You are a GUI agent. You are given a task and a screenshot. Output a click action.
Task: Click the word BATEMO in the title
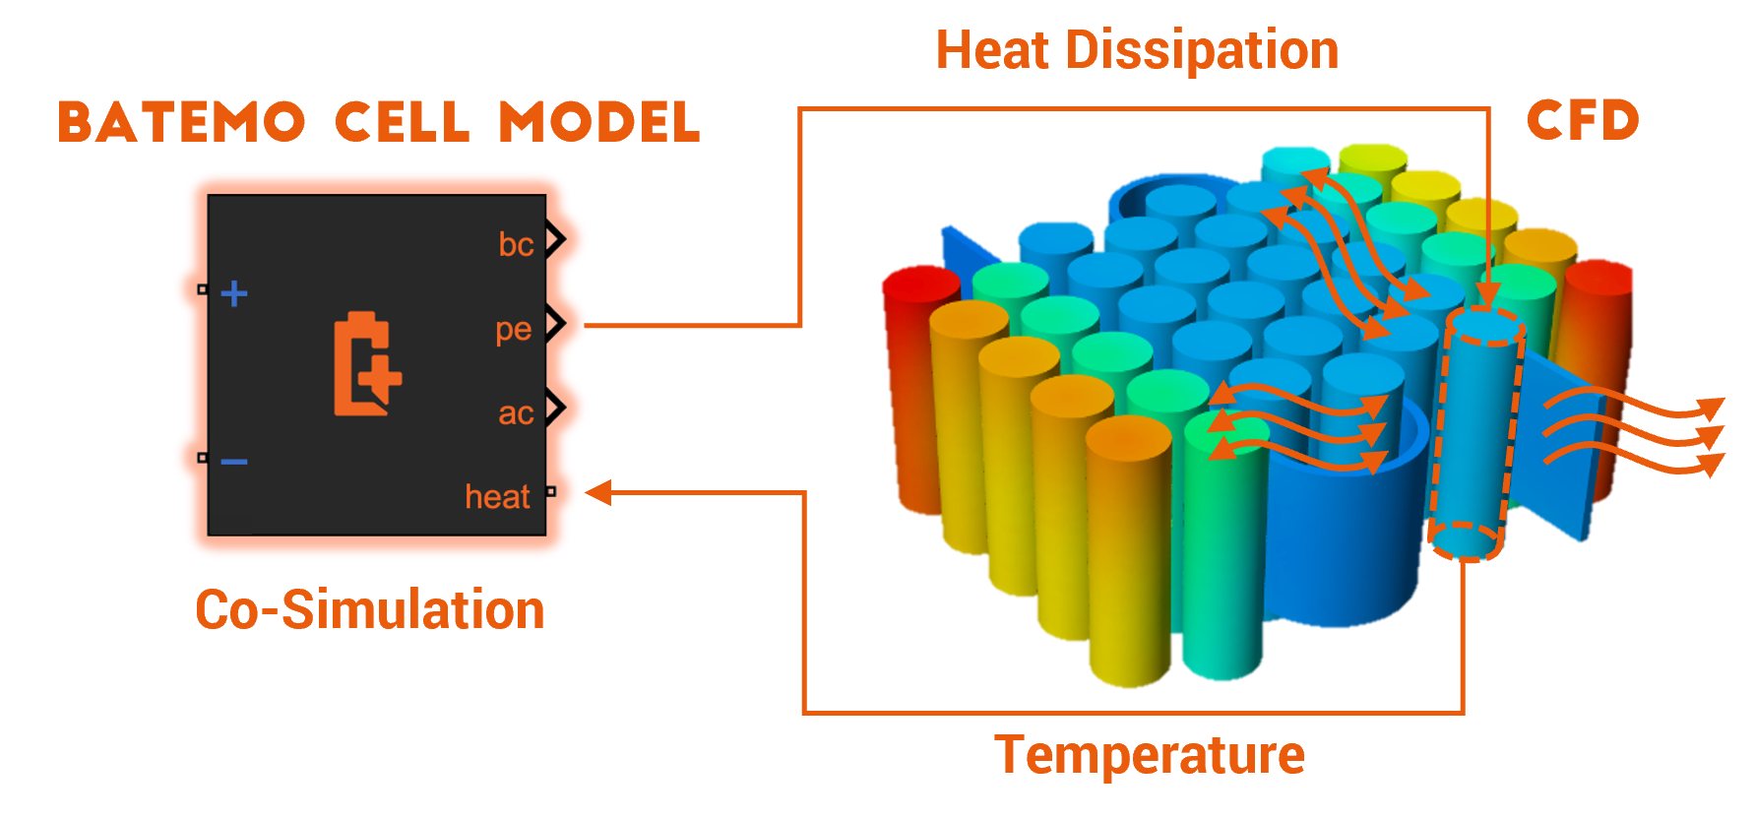pyautogui.click(x=181, y=122)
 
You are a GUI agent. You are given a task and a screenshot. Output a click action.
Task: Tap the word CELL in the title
pyautogui.click(x=403, y=122)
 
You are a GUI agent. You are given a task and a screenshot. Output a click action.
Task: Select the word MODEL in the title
pyautogui.click(x=599, y=122)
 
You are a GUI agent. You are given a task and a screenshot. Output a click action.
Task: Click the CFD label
pyautogui.click(x=1583, y=120)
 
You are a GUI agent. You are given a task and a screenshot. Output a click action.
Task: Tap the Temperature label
pyautogui.click(x=1150, y=756)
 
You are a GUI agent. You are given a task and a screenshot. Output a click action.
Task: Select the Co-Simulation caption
pyautogui.click(x=370, y=609)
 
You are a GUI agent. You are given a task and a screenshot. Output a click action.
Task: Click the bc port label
pyautogui.click(x=516, y=243)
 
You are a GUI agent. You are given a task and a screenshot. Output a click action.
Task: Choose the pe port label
pyautogui.click(x=514, y=330)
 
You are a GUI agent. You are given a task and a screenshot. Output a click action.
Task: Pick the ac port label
pyautogui.click(x=516, y=413)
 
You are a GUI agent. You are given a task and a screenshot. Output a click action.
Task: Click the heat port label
pyautogui.click(x=497, y=496)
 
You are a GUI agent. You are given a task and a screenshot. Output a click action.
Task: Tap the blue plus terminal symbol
pyautogui.click(x=234, y=293)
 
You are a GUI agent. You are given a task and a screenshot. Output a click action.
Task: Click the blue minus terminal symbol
pyautogui.click(x=234, y=461)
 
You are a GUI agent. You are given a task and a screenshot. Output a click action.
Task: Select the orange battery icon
pyautogui.click(x=367, y=363)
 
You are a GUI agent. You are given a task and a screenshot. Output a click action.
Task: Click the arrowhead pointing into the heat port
pyautogui.click(x=598, y=492)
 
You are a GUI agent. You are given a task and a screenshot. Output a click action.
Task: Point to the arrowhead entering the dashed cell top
pyautogui.click(x=1488, y=293)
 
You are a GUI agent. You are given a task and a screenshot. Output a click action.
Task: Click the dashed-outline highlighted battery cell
pyautogui.click(x=1475, y=433)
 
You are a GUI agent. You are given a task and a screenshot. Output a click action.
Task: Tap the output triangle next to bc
pyautogui.click(x=556, y=239)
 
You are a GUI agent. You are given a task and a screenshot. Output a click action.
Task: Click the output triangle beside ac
pyautogui.click(x=556, y=407)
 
